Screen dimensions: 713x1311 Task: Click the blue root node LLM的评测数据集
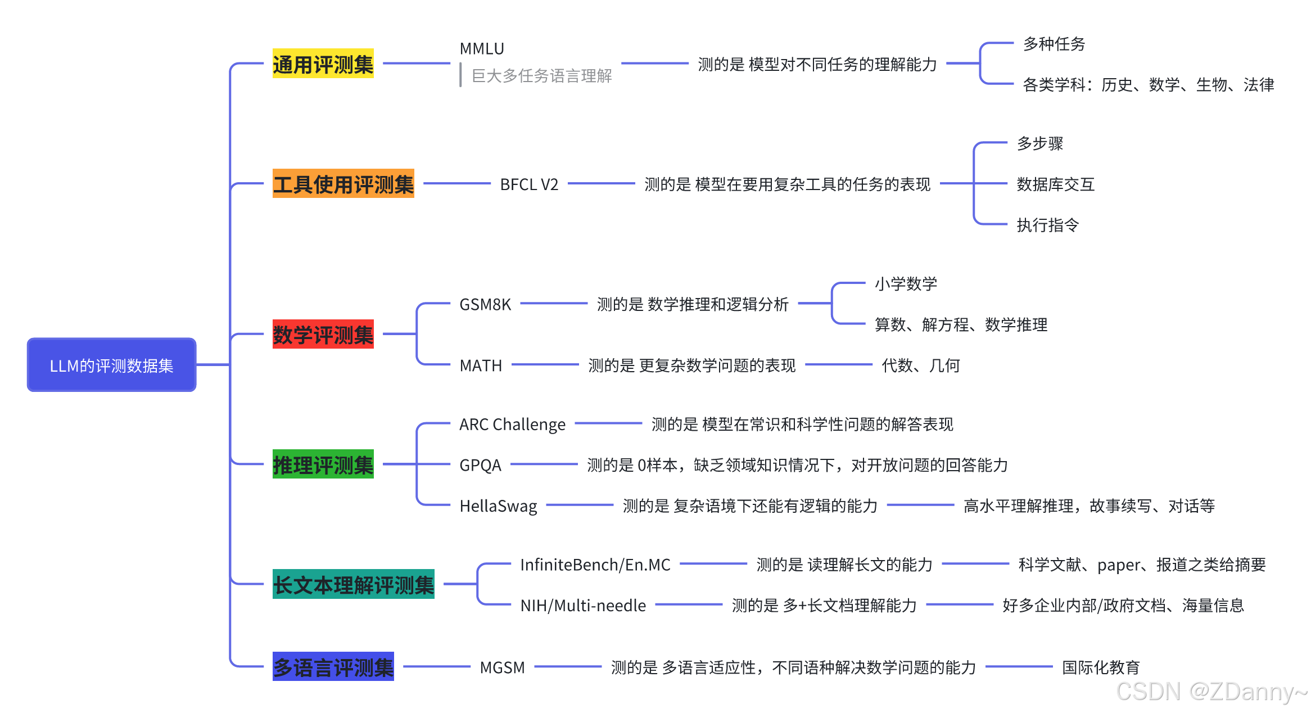coord(111,365)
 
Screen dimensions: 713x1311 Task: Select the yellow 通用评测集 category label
coord(323,64)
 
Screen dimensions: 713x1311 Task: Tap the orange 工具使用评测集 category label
coord(343,184)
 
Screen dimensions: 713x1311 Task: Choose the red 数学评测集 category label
coord(323,335)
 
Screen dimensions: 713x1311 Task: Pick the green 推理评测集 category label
coord(323,464)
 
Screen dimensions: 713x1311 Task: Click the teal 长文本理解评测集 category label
coord(353,584)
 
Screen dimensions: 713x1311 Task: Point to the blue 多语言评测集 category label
coord(333,667)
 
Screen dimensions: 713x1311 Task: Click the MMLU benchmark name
coord(482,49)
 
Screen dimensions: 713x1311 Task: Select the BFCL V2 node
coord(529,184)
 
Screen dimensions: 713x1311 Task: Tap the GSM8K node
coord(485,304)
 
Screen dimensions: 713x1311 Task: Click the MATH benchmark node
coord(481,365)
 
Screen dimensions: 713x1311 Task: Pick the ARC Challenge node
coord(512,424)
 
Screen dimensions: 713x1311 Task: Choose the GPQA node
coord(480,465)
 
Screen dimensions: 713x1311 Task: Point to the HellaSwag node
coord(498,506)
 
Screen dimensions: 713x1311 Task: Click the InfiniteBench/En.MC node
coord(595,565)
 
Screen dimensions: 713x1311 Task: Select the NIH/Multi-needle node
coord(583,606)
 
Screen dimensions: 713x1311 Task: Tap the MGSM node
coord(502,667)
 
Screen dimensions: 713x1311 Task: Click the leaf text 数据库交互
coord(1055,184)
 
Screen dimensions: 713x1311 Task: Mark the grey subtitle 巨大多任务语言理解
coord(541,76)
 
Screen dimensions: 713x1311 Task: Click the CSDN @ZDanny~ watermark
coord(1211,692)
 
